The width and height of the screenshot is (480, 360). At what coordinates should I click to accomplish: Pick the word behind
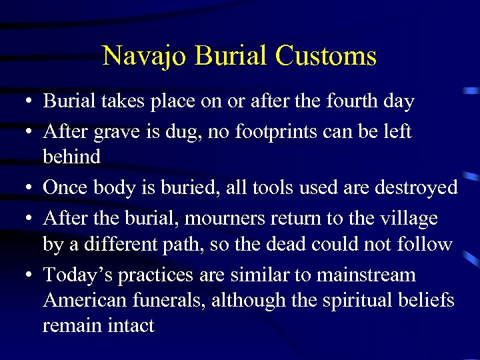tap(71, 157)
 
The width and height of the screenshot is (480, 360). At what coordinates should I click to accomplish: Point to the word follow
tap(424, 244)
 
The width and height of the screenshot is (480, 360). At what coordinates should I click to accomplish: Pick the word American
tap(82, 301)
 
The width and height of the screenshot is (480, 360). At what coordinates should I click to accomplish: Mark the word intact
tap(131, 326)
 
